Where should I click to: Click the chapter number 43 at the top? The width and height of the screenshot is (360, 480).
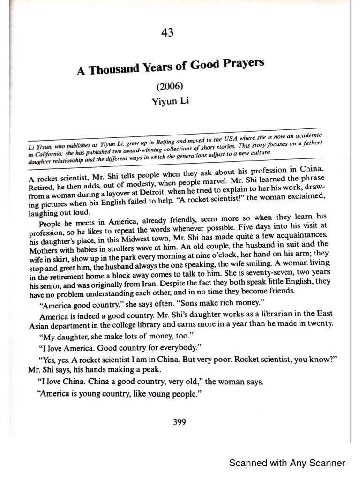(x=167, y=32)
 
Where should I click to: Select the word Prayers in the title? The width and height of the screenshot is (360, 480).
(x=240, y=64)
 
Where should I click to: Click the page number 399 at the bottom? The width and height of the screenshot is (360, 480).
(x=180, y=422)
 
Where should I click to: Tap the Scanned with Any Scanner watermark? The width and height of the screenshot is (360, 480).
(x=287, y=463)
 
